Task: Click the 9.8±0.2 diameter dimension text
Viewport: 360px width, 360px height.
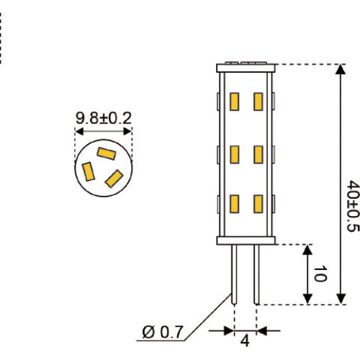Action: pyautogui.click(x=104, y=117)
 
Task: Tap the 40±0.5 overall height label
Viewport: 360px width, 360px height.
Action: pyautogui.click(x=352, y=206)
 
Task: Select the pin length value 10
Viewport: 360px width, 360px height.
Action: pyautogui.click(x=321, y=274)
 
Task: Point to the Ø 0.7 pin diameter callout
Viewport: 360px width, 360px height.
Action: pyautogui.click(x=163, y=332)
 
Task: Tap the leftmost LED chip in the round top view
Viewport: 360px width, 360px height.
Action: pyautogui.click(x=89, y=172)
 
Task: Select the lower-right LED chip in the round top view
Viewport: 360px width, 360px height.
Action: pyautogui.click(x=113, y=177)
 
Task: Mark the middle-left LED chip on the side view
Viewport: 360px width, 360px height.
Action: pyautogui.click(x=235, y=154)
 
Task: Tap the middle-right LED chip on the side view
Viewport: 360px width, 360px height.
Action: pyautogui.click(x=256, y=154)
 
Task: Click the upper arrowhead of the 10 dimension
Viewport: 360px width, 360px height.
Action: pyautogui.click(x=308, y=251)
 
